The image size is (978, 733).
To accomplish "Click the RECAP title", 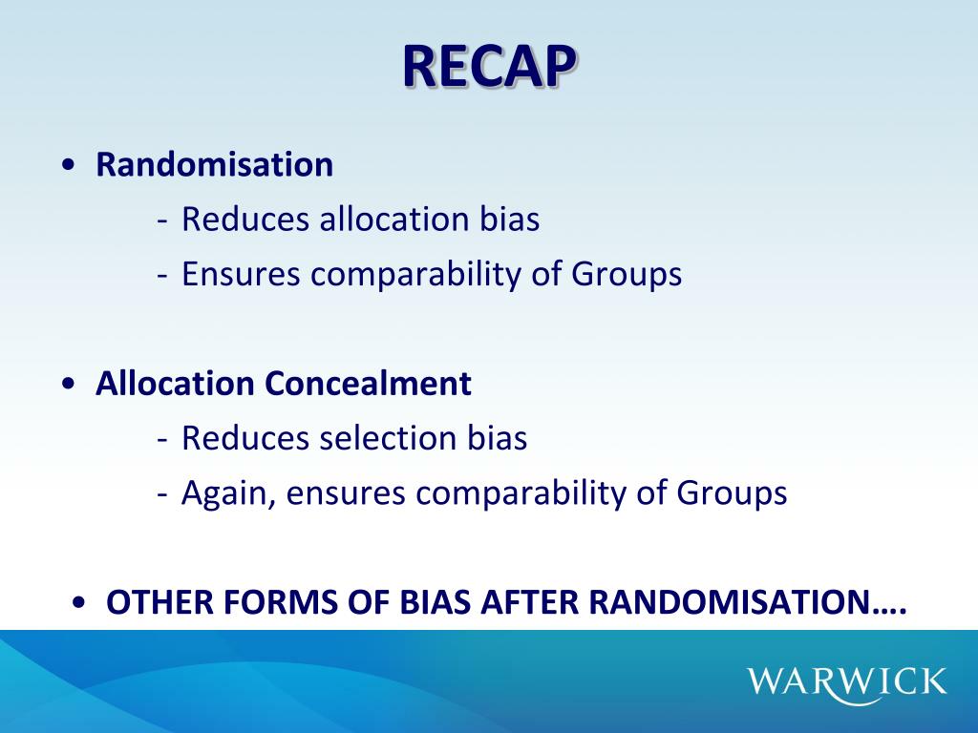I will point(489,66).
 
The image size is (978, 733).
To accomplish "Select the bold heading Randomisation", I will point(214,165).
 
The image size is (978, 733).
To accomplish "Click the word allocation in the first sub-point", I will point(394,220).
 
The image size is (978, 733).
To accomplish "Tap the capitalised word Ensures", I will point(242,275).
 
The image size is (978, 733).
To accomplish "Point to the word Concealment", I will point(368,384).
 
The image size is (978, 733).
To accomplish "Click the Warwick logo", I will point(847,681).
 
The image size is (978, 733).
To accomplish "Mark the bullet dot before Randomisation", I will point(68,166).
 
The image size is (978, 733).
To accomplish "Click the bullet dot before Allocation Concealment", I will point(68,385).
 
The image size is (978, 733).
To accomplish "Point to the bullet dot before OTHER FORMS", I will point(79,604).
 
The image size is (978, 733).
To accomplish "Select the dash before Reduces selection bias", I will point(163,439).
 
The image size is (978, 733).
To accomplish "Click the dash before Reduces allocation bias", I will point(163,220).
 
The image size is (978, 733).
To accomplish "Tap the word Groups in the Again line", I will point(732,493).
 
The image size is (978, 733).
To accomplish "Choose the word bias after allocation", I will point(508,220).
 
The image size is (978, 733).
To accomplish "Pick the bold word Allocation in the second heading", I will point(176,384).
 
